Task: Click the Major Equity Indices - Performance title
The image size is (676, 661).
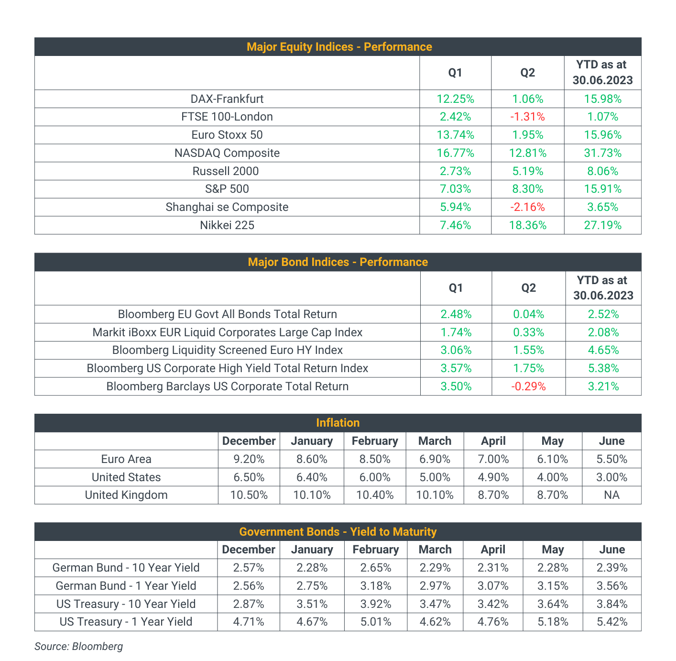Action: [x=339, y=46]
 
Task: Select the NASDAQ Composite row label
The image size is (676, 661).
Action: [x=227, y=153]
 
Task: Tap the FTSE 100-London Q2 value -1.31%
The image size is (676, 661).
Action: [x=527, y=117]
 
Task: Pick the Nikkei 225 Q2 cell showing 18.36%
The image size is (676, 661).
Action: [x=527, y=225]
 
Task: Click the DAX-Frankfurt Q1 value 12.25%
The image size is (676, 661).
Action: [x=455, y=99]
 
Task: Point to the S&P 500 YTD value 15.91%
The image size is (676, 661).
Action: [x=602, y=189]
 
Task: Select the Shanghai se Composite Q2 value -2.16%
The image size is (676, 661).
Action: [x=527, y=207]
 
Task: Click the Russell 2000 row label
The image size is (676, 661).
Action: [x=226, y=171]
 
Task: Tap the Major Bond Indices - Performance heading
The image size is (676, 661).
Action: [x=338, y=262]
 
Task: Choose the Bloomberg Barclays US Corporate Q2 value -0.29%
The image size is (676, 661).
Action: [x=528, y=386]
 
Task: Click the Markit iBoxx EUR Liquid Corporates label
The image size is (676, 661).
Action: [x=227, y=332]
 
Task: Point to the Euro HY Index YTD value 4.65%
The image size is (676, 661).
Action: [x=603, y=350]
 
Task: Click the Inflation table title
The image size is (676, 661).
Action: [x=338, y=423]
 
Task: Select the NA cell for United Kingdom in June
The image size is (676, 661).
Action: [x=611, y=495]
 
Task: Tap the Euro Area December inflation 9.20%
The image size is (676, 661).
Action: [x=249, y=459]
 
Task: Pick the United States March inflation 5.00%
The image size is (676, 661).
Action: [x=435, y=477]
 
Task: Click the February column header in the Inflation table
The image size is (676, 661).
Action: [x=375, y=441]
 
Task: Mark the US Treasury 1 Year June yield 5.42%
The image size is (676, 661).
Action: [x=612, y=622]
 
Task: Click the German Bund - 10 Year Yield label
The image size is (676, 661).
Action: [x=126, y=568]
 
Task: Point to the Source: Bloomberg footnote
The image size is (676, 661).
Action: [x=78, y=646]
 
